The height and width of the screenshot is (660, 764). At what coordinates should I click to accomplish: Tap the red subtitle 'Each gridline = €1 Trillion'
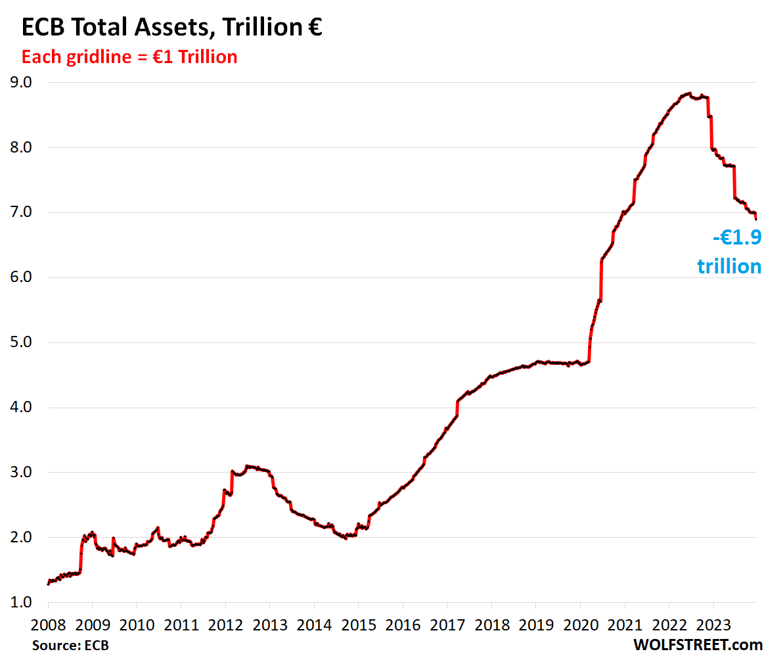tap(129, 57)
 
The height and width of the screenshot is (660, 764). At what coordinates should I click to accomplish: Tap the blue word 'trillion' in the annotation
tap(729, 266)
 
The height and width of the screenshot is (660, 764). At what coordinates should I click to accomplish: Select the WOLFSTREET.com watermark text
tap(697, 646)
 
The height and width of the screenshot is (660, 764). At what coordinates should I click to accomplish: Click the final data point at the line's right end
tap(756, 218)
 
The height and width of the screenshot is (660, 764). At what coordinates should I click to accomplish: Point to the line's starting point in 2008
tap(48, 584)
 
